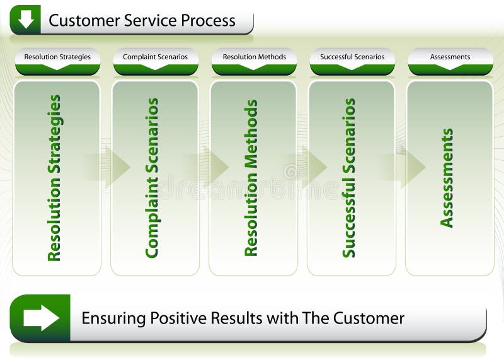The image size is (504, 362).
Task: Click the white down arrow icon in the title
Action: coord(25,20)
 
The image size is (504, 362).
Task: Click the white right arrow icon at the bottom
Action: coord(41,318)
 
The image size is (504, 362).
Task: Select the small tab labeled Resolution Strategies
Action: coord(57,57)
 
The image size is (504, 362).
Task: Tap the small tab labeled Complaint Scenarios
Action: coord(155,57)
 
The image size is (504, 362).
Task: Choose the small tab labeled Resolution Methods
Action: coord(254,57)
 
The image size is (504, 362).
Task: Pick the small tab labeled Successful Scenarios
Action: coord(352,57)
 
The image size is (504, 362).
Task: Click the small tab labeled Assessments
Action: coord(450,57)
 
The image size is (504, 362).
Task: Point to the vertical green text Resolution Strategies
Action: coord(55,178)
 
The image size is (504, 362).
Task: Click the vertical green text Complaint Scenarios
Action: coord(152,178)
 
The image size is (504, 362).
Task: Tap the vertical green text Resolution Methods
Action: coord(251,178)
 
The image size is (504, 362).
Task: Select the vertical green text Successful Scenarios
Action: coord(349,178)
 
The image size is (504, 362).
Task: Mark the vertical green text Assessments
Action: coord(447,178)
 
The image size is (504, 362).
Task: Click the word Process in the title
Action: coord(208,21)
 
